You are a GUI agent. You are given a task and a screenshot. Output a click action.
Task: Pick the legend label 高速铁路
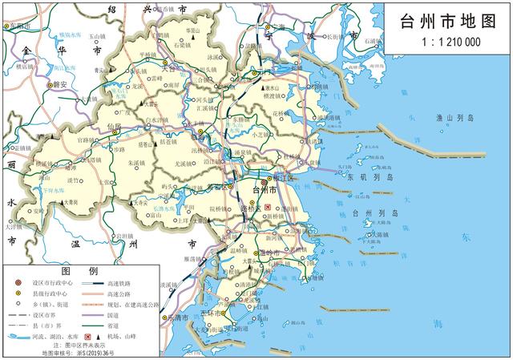click(x=133, y=283)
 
